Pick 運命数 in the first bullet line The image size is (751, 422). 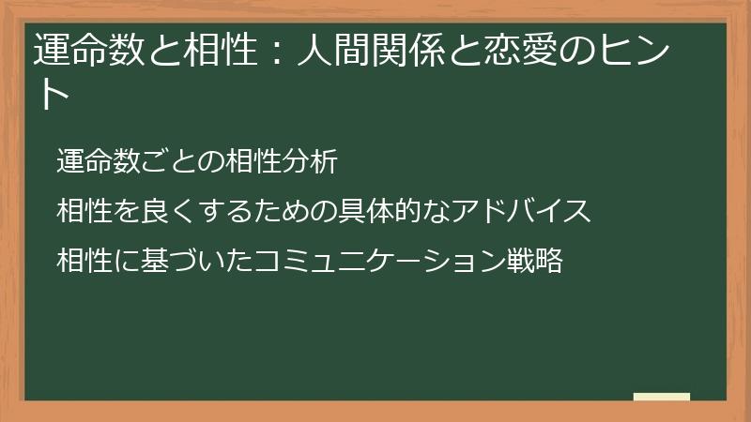(97, 161)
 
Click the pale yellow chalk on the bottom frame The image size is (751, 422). (662, 397)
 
